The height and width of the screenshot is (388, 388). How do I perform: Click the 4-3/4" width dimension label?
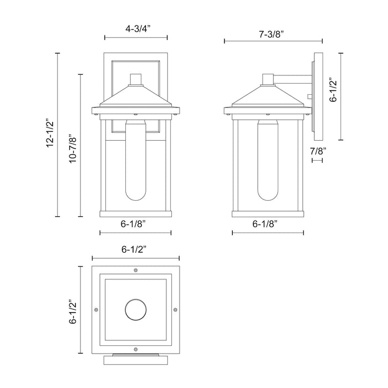coord(136,26)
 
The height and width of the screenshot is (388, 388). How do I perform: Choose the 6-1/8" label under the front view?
coord(135,224)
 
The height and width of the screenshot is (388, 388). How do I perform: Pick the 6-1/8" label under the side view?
coord(268,224)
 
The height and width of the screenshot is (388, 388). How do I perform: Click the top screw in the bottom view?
coord(136,270)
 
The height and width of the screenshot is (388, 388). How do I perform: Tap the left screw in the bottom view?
coord(96,309)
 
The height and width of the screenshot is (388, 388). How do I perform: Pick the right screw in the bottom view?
coord(175,309)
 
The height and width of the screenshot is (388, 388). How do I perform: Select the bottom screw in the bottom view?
coord(136,349)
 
